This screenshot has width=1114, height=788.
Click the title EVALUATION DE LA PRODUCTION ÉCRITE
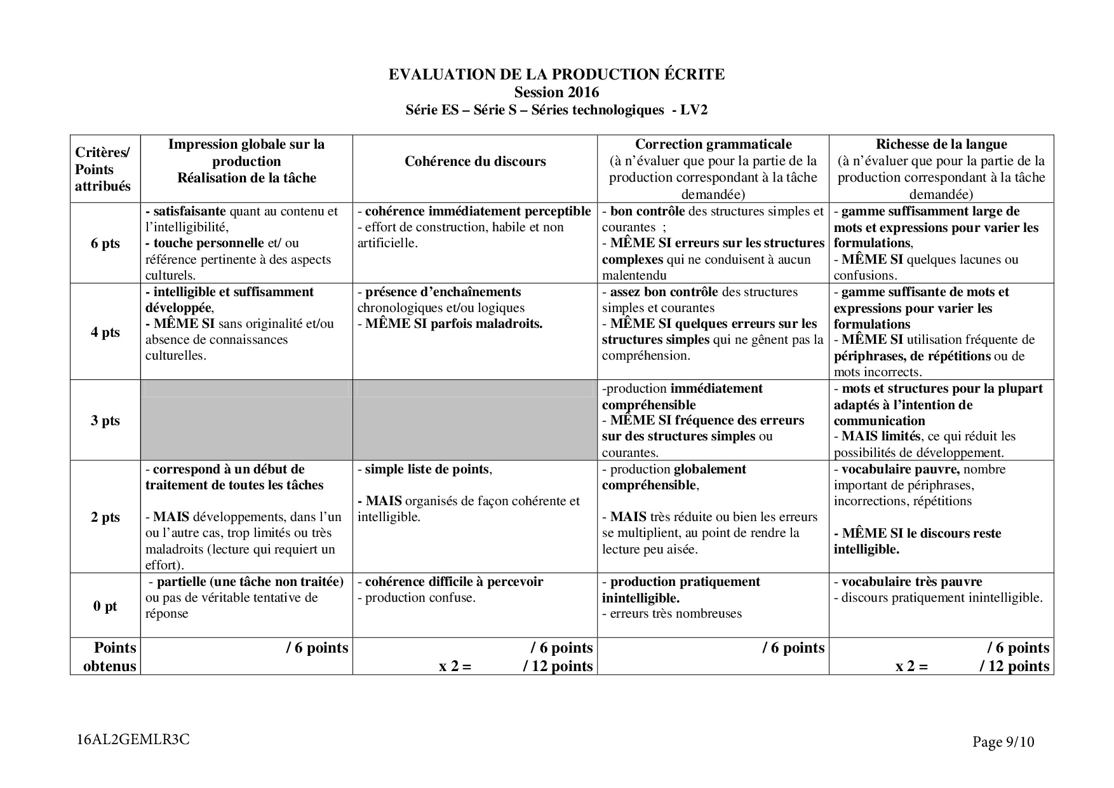(556, 74)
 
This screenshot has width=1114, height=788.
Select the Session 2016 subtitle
(556, 92)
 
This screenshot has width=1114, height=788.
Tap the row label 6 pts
(105, 243)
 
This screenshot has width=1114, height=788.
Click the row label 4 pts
(105, 332)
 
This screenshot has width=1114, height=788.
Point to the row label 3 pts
(105, 421)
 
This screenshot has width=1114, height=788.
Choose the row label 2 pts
(105, 517)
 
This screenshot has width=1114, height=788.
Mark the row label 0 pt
(105, 606)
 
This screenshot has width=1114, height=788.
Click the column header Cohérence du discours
(475, 161)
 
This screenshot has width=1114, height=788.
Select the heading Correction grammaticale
(713, 144)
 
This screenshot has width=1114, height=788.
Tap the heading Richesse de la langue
(941, 144)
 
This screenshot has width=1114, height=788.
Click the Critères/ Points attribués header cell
(103, 169)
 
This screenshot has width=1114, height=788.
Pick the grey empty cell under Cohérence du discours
(475, 421)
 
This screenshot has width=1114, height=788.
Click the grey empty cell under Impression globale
(246, 421)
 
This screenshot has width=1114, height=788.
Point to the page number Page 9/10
(1003, 742)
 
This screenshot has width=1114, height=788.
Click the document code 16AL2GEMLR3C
(133, 739)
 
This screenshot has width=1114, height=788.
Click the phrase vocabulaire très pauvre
(911, 581)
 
